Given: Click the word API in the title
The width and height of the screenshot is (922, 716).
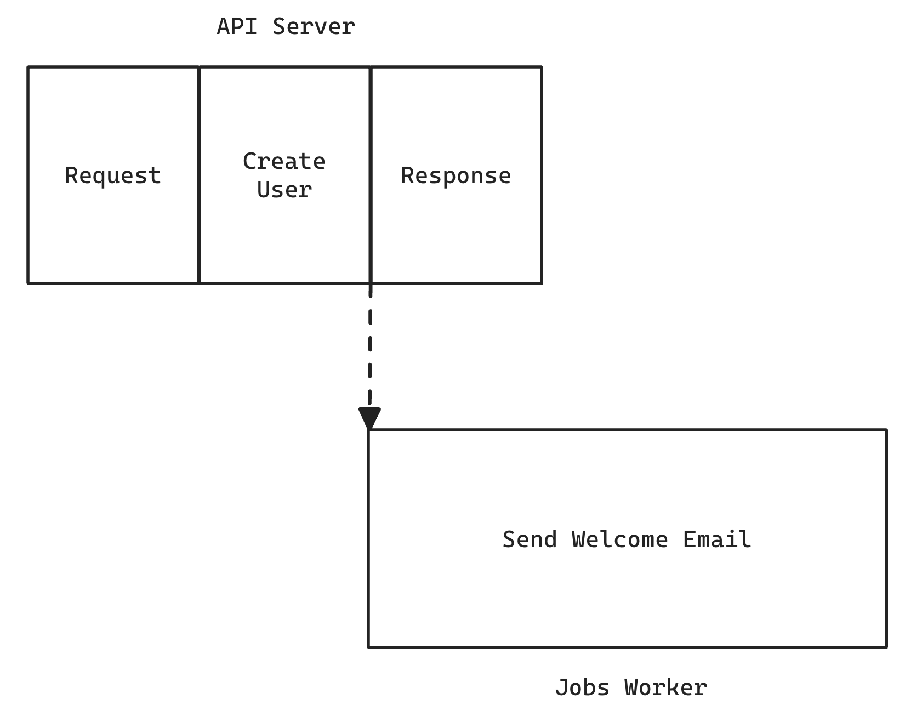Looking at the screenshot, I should coord(237,26).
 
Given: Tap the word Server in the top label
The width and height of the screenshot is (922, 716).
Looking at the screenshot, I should coord(314,26).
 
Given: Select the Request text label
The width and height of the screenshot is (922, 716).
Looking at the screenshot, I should coord(113,176).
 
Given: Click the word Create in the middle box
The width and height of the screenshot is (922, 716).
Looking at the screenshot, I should coord(284,161).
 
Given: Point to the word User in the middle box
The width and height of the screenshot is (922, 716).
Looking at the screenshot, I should coord(284,190).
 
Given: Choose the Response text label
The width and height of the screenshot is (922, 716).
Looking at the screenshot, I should coord(456,176).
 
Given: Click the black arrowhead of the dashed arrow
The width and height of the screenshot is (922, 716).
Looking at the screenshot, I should coord(369,418).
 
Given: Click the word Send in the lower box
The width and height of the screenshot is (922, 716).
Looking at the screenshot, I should coord(530,539).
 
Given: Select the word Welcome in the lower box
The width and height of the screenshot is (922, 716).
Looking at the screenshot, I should coord(620,539).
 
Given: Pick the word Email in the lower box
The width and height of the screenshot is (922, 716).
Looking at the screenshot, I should coord(717,539).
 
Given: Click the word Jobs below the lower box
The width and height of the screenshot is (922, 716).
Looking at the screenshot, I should coord(582,687).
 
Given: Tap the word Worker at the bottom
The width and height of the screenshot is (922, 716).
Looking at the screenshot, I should coord(665,687).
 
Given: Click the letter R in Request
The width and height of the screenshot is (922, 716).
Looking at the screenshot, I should coord(71,176).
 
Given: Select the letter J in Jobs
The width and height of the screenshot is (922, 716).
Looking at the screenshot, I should coord(561,687).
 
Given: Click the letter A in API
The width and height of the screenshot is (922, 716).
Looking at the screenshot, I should coord(223,26).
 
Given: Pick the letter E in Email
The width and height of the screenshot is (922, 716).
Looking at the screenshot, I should coord(690,539).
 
